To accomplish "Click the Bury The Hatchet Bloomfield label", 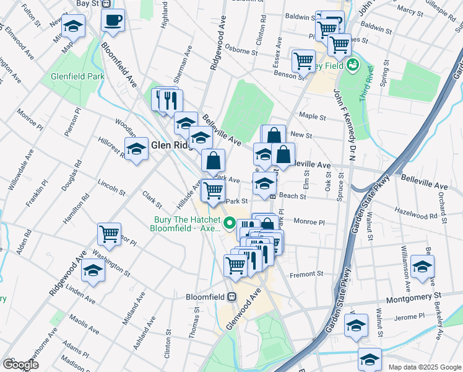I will pyautogui.click(x=184, y=223).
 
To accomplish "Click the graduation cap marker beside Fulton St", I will pyautogui.click(x=73, y=27).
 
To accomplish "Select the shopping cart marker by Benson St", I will pyautogui.click(x=303, y=61).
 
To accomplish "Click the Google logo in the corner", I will pyautogui.click(x=20, y=365).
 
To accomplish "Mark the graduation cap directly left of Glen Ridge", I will pyautogui.click(x=136, y=149).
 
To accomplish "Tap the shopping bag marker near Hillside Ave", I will pyautogui.click(x=212, y=161).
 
